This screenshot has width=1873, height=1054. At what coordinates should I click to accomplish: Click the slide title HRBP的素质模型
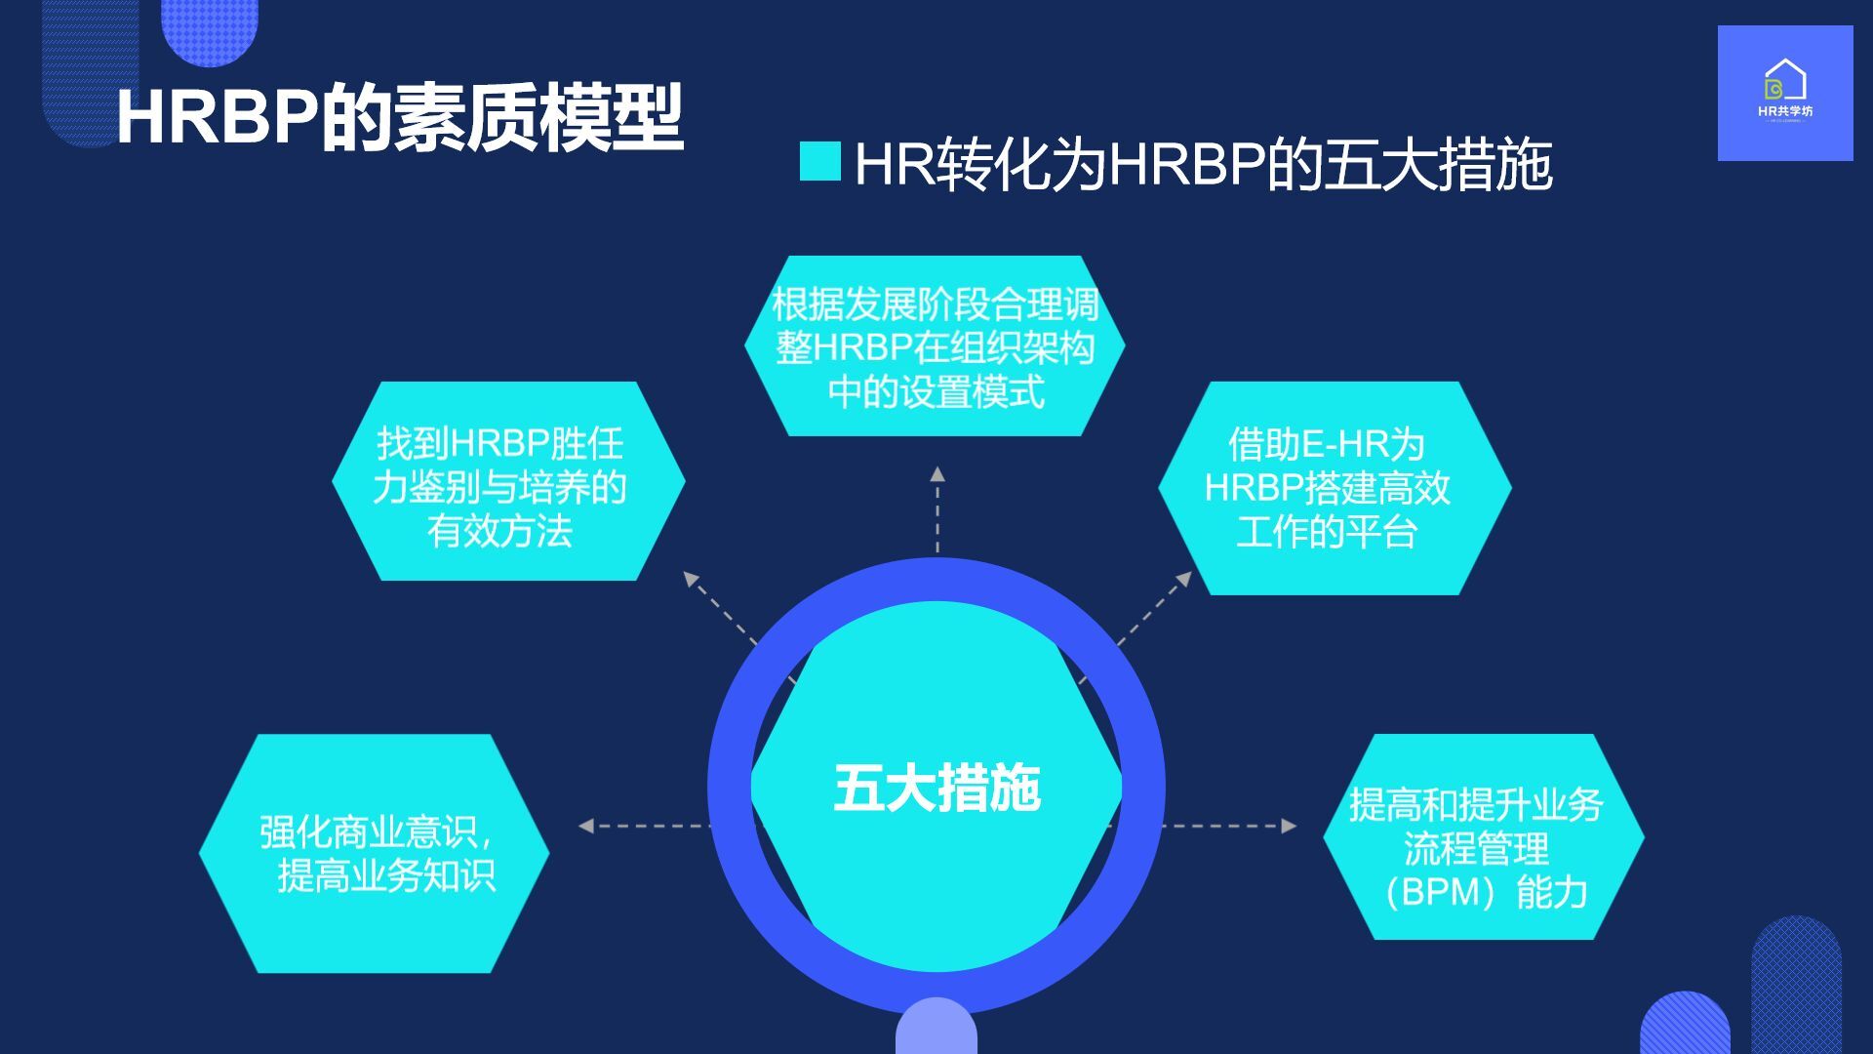click(400, 117)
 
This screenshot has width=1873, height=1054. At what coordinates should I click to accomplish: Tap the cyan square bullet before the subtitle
click(820, 162)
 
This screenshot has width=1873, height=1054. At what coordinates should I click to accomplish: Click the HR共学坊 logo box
click(1785, 93)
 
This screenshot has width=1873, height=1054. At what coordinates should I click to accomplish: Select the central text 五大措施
click(936, 789)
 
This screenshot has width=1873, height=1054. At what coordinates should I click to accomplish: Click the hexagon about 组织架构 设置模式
click(935, 345)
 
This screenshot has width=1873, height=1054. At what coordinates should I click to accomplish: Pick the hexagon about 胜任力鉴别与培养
click(508, 481)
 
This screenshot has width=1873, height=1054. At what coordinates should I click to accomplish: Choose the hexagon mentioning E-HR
click(1335, 488)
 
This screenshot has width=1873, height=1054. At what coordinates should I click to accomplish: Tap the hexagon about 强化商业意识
click(375, 853)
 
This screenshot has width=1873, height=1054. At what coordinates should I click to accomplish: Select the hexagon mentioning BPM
click(1484, 837)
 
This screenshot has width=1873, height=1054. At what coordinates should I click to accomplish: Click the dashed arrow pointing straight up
click(937, 509)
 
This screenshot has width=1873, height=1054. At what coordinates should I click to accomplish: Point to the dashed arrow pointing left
click(645, 826)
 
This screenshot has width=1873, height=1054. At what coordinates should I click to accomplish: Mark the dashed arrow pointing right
click(1229, 826)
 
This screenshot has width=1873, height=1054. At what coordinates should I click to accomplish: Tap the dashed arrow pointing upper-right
click(1155, 608)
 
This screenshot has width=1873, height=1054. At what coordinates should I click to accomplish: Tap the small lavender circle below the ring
click(936, 1027)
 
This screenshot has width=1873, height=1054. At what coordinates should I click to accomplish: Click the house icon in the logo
click(1785, 78)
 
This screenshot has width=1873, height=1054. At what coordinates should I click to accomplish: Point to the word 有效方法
click(499, 532)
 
